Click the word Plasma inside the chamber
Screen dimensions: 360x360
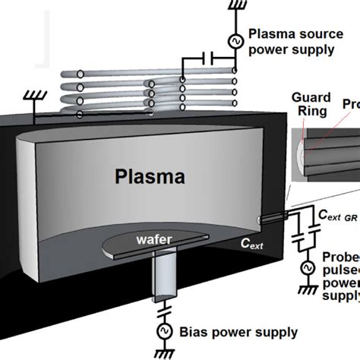click(x=150, y=178)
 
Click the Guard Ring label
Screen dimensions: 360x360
click(x=311, y=104)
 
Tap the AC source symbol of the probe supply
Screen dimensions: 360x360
click(x=308, y=268)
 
